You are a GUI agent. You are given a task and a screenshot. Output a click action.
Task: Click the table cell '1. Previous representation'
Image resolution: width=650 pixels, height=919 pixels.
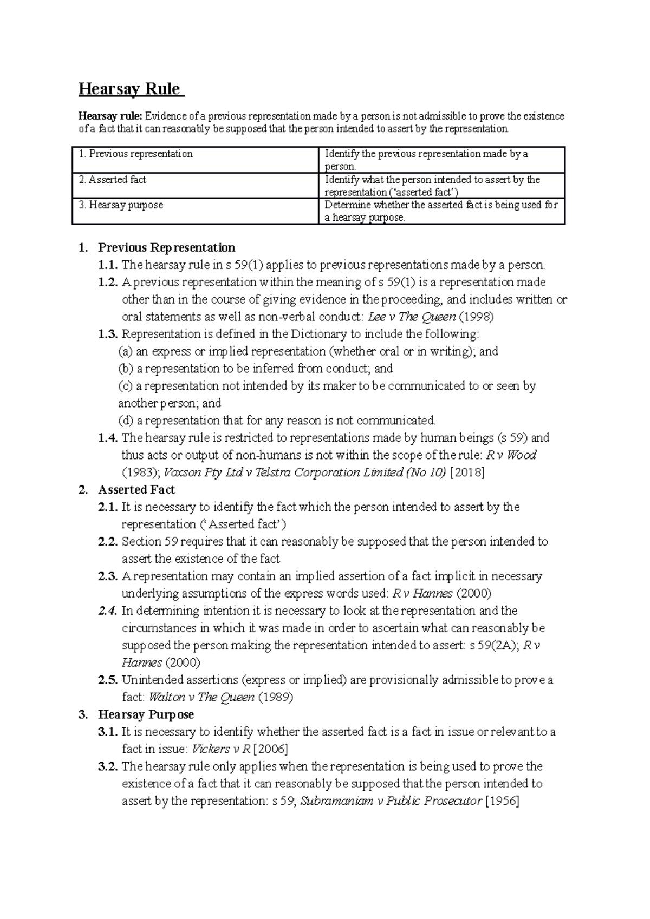(x=136, y=154)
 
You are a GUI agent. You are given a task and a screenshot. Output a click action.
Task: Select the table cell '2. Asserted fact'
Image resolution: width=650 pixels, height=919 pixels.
(x=113, y=180)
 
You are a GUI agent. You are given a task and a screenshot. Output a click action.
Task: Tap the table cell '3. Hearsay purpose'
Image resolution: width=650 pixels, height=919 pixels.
(x=121, y=205)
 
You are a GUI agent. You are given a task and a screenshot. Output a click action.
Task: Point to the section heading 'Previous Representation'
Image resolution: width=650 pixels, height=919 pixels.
(x=166, y=248)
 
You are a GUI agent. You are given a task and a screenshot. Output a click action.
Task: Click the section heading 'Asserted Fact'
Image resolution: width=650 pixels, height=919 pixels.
(x=136, y=490)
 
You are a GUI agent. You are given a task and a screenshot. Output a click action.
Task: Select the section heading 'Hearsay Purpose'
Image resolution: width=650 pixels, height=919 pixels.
(x=146, y=715)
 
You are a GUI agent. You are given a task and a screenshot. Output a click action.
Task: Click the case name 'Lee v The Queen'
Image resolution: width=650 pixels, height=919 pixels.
(x=411, y=317)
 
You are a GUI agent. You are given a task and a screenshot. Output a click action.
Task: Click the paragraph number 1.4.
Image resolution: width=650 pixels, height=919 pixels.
(x=108, y=438)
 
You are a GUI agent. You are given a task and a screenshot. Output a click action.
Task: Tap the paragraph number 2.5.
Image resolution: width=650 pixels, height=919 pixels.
(x=108, y=680)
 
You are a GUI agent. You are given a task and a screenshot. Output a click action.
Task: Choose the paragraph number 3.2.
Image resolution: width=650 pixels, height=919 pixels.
(x=108, y=767)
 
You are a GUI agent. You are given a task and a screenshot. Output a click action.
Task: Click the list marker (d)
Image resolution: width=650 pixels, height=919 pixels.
(x=125, y=421)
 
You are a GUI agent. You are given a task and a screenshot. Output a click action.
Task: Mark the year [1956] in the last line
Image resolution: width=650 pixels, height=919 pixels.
(x=503, y=802)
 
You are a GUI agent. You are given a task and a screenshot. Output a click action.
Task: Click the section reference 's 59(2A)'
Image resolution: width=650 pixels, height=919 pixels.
(x=494, y=646)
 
